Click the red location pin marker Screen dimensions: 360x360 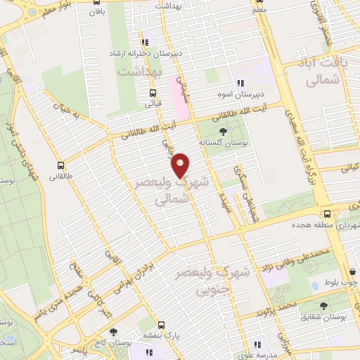(181, 165)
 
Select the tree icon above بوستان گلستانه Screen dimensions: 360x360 (224, 130)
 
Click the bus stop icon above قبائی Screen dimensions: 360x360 (153, 92)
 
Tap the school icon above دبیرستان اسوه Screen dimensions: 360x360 (240, 82)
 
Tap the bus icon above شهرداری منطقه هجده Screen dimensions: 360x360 (327, 214)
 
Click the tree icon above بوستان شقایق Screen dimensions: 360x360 (323, 305)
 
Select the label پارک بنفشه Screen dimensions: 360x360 (163, 336)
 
